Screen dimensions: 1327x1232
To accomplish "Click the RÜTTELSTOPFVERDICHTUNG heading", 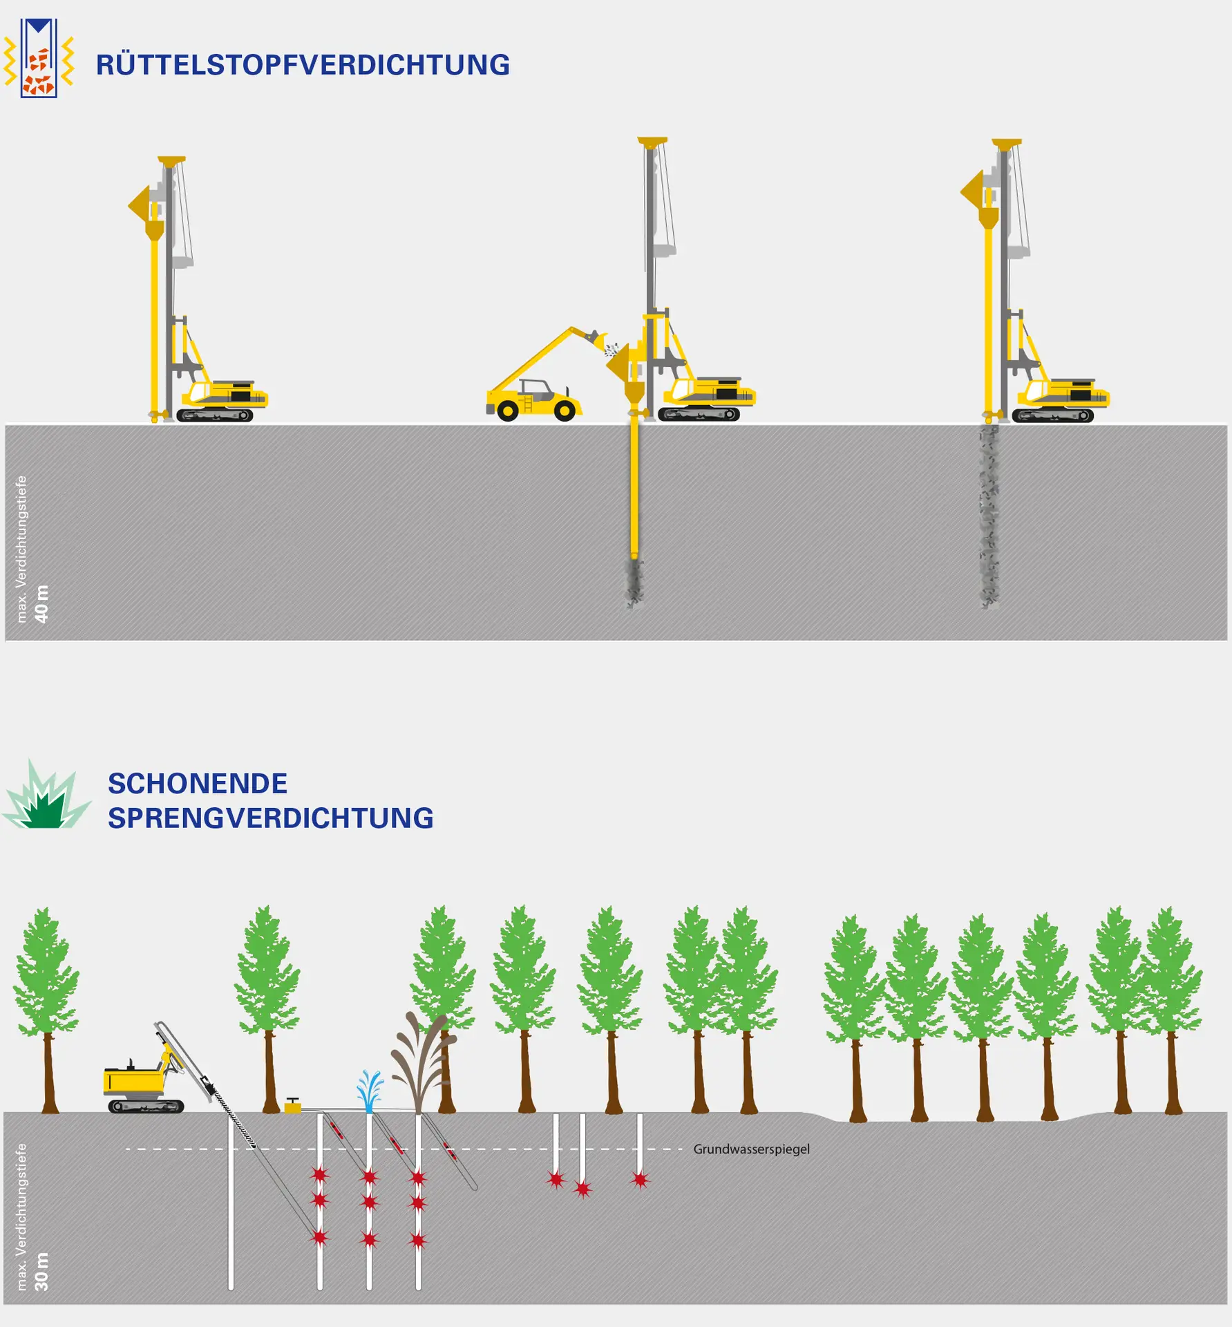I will pos(303,65).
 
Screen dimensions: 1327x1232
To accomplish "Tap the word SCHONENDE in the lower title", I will pos(198,784).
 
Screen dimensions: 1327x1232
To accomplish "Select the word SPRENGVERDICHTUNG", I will pos(270,818).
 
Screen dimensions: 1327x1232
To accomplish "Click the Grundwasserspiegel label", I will pos(751,1149).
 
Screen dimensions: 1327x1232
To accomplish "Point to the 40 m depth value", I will pos(41,603).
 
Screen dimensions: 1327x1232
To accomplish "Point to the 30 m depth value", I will pos(41,1271).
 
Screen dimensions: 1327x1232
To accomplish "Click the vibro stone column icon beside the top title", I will pos(39,59).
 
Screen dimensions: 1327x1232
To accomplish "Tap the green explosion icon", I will pos(46,799).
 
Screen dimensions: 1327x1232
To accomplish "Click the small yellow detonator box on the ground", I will pos(293,1107).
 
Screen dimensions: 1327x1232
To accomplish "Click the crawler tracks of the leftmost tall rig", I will pos(214,415).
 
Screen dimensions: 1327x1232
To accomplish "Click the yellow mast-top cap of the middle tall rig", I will pos(652,142).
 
